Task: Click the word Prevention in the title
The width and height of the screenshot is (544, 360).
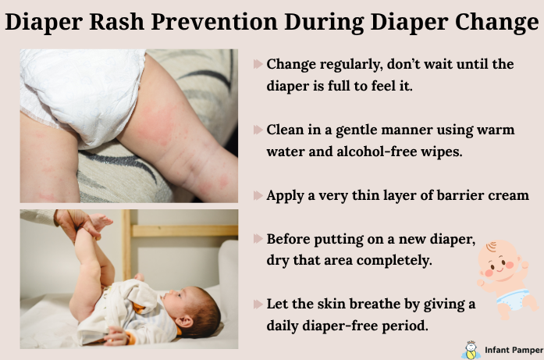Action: pos(240,23)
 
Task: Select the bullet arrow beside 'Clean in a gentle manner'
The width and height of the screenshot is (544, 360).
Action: pos(258,130)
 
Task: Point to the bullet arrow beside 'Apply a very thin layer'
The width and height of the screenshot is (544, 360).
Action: pos(258,195)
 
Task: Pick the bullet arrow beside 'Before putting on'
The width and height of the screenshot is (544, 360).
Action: pos(258,238)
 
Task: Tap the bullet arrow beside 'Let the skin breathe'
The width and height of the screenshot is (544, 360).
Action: pos(258,303)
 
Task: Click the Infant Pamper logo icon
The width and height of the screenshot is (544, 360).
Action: pos(470,349)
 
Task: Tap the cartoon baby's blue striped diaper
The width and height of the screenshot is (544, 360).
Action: pos(516,299)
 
